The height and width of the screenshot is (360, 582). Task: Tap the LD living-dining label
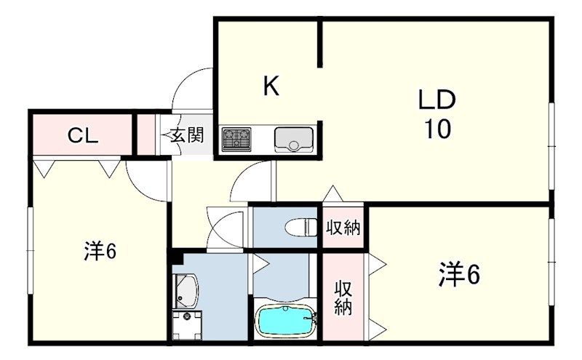437,100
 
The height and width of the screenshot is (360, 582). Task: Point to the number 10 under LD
438,129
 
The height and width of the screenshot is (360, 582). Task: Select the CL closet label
83,136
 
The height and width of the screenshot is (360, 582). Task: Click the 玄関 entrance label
187,135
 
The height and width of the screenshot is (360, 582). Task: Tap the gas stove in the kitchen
236,139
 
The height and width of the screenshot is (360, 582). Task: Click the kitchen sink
294,139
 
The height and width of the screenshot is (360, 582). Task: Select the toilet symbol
301,227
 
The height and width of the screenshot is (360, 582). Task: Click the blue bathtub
286,320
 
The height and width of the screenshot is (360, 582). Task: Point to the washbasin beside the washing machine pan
186,292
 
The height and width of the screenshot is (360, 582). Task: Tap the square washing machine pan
188,325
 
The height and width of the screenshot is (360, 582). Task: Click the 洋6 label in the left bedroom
100,251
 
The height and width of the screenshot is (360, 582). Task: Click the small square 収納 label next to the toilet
343,228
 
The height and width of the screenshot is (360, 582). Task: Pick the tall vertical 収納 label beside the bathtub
343,298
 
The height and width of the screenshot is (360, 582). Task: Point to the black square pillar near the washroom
178,256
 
